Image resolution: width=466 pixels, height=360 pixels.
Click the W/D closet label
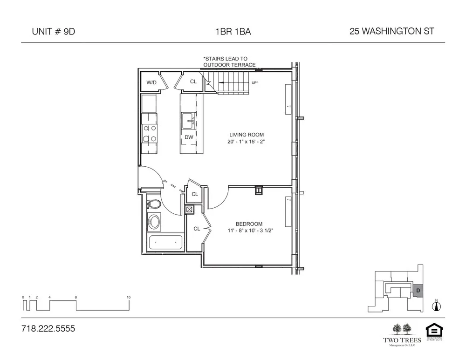151,82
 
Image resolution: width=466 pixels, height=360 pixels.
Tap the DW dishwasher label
189,137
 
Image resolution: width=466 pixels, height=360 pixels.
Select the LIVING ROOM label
247,135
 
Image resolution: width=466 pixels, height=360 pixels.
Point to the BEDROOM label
249,224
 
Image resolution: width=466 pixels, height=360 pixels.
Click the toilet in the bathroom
154,204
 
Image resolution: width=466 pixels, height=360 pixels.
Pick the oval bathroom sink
153,222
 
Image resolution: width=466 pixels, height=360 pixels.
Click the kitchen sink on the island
188,121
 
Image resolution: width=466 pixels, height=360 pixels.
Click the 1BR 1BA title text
233,32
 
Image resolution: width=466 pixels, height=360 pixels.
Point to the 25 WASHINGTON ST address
391,32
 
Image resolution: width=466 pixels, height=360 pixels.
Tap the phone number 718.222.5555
48,329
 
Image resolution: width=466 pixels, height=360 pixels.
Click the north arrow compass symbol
437,306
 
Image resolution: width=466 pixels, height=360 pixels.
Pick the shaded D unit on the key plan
418,291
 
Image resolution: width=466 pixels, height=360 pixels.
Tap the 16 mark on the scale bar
128,297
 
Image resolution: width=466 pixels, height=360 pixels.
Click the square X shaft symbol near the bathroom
189,210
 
